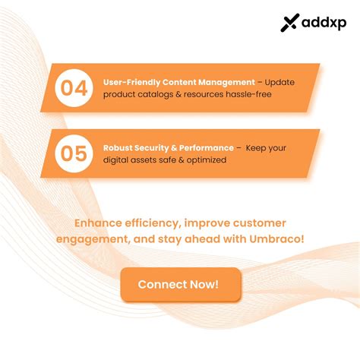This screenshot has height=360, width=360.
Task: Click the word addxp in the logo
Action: (x=322, y=24)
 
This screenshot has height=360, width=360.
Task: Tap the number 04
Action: (x=74, y=88)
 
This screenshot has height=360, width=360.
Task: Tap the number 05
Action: (x=74, y=153)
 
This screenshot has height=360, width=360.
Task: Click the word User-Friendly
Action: (x=128, y=81)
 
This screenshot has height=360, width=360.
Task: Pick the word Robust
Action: (x=118, y=147)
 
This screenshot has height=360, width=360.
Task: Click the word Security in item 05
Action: (x=154, y=147)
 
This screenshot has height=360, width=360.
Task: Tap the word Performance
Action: (x=208, y=147)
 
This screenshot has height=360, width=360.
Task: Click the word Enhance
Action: (x=99, y=223)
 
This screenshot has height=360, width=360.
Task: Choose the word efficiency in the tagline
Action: (x=157, y=223)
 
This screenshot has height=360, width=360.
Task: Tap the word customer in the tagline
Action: (x=260, y=223)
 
